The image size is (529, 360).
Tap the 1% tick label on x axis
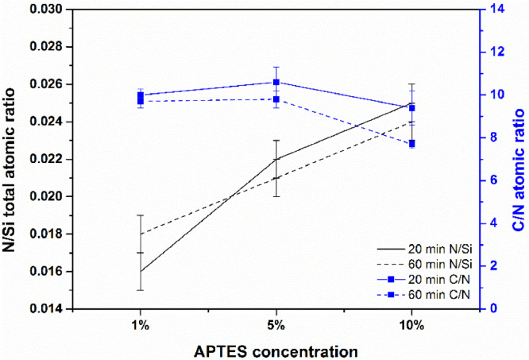pos(140,325)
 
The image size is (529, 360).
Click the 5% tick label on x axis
pos(276,325)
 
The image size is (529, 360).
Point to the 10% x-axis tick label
pos(411,325)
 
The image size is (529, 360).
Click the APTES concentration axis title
pos(275,349)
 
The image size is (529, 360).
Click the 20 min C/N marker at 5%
pos(276,82)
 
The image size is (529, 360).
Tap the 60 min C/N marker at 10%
pos(411,144)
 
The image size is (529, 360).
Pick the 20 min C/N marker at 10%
pos(411,107)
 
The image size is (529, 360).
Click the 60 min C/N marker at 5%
pos(276,99)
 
